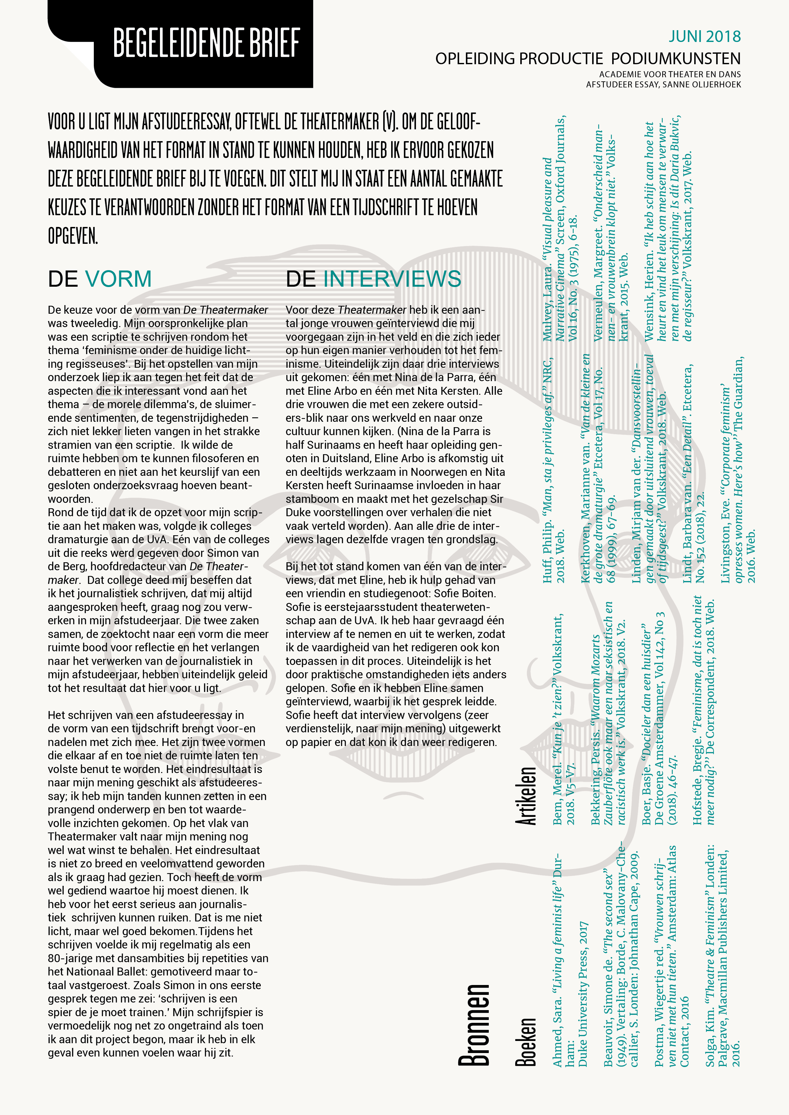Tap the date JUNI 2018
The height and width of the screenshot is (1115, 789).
tap(704, 37)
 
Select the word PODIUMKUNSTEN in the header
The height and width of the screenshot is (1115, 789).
tap(675, 59)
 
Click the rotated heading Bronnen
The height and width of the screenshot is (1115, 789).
tap(474, 1025)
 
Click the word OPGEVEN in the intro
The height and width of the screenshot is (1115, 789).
tap(73, 236)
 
